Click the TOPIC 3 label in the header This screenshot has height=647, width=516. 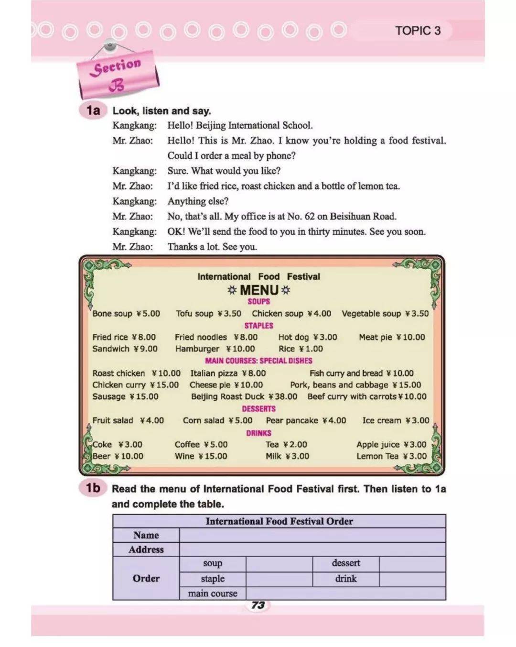(x=418, y=31)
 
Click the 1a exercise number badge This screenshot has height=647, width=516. (x=93, y=110)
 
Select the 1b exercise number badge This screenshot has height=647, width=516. (x=93, y=488)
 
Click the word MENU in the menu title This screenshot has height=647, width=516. (x=259, y=290)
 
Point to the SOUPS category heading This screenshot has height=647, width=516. (x=258, y=301)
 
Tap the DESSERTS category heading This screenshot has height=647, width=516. (x=258, y=409)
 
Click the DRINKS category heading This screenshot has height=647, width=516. (x=258, y=433)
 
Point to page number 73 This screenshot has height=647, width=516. (x=258, y=605)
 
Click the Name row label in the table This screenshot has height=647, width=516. (x=146, y=535)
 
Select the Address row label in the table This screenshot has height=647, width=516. (x=146, y=549)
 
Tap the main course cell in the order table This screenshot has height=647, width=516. (x=213, y=593)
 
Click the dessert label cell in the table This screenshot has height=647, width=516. (x=346, y=563)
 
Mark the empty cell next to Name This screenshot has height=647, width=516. (x=312, y=535)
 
